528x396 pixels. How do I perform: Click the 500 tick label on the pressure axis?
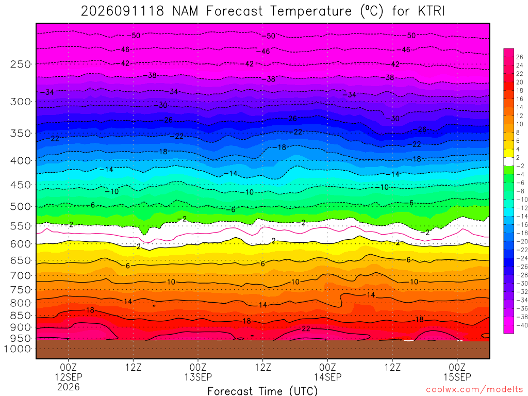20,206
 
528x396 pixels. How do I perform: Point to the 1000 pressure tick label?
18,349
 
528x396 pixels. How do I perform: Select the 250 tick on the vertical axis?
20,64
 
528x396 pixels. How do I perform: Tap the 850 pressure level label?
20,316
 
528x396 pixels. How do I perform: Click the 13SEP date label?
198,377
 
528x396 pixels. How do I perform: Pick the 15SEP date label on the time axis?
457,377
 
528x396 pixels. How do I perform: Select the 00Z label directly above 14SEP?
327,367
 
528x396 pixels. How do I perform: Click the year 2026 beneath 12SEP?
69,387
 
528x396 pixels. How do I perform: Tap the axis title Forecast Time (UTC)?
262,391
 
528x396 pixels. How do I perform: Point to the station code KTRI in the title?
432,11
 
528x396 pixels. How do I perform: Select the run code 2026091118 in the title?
122,11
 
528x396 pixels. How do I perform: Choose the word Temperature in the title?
311,11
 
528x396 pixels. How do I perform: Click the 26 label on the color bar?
520,57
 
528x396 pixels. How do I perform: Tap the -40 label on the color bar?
522,325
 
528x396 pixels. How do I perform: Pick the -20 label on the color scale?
522,241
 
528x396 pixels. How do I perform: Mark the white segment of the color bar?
508,161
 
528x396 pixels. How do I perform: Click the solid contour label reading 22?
306,328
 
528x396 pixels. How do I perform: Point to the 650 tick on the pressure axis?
20,260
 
